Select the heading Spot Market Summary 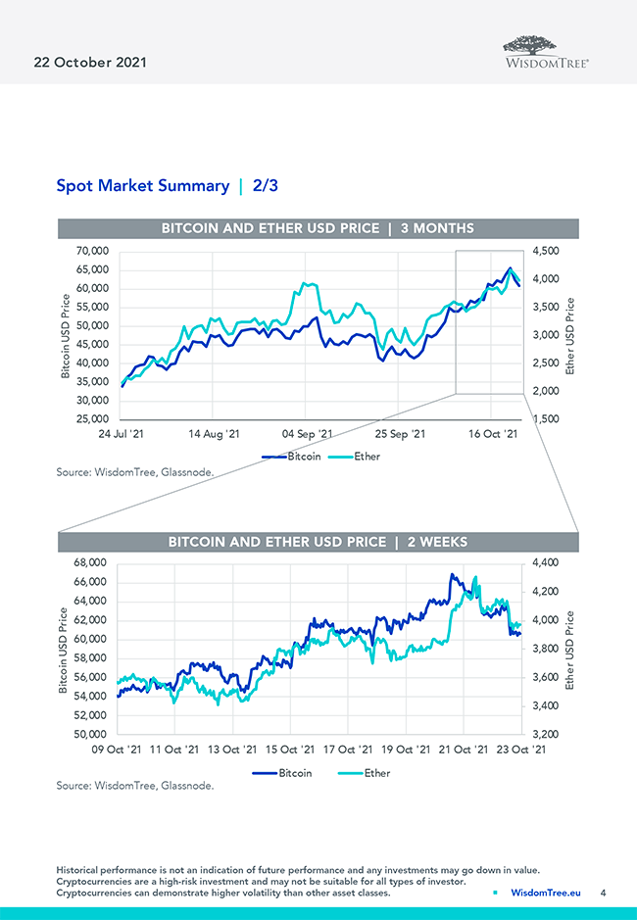click(142, 185)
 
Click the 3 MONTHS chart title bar click(318, 228)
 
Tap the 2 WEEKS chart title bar click(318, 541)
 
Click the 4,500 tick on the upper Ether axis click(547, 252)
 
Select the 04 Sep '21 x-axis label click(305, 433)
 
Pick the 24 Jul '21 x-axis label click(122, 433)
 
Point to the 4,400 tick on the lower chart click(547, 563)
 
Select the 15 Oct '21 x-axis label click(290, 750)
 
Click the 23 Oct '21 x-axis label click(519, 750)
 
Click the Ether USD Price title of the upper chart click(572, 335)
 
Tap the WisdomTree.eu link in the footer click(546, 893)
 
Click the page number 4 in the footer click(603, 893)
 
